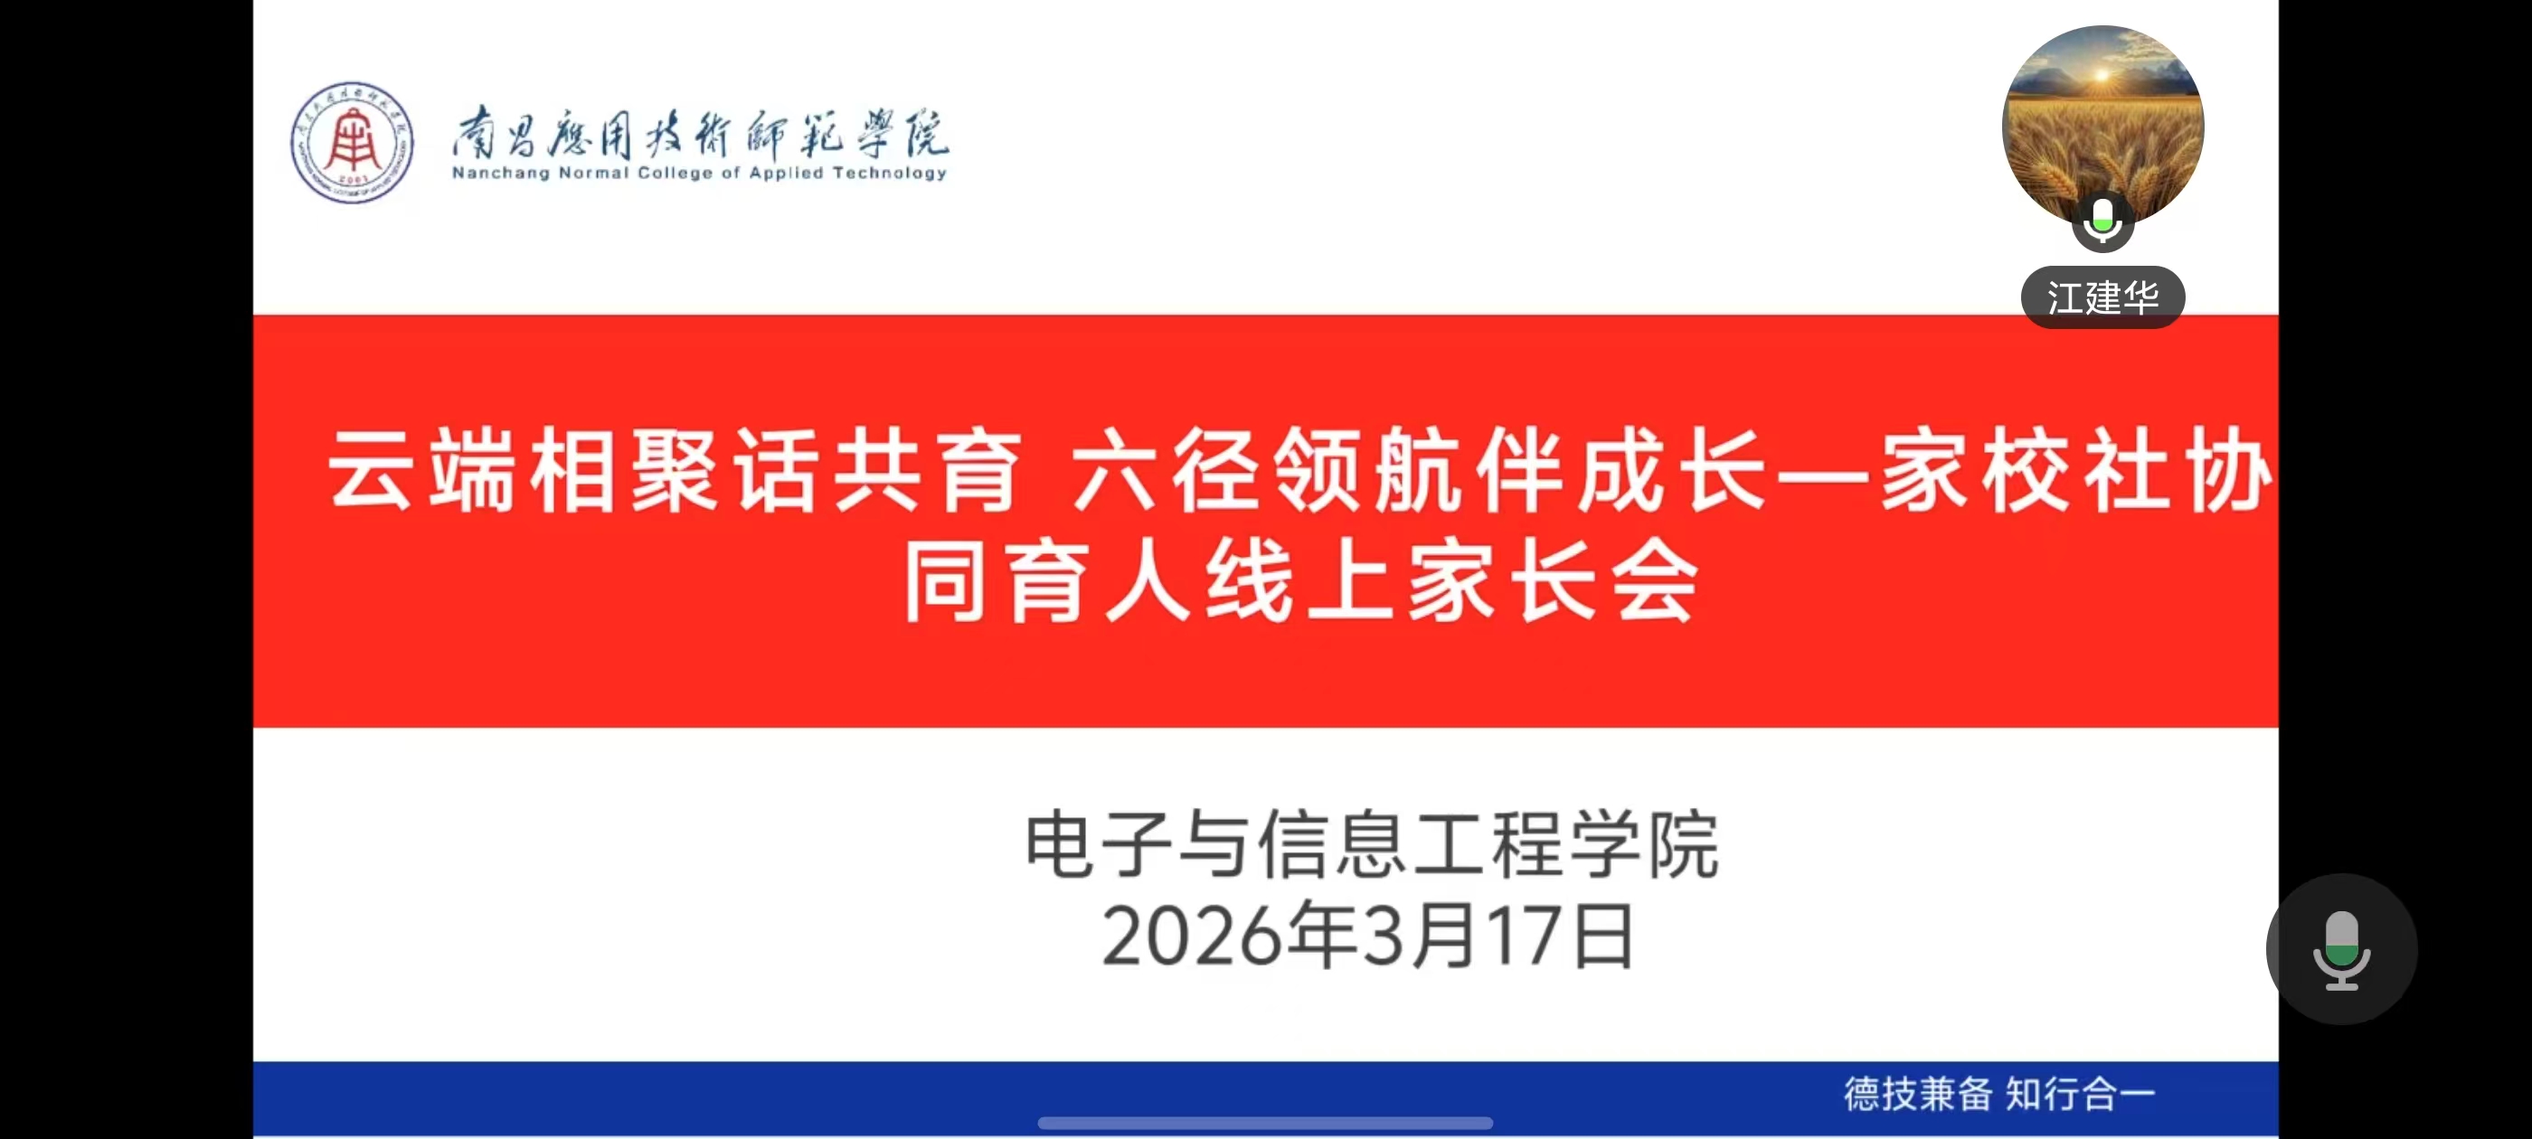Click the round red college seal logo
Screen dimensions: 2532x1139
pyautogui.click(x=352, y=143)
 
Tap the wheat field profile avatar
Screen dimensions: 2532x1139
pyautogui.click(x=2102, y=127)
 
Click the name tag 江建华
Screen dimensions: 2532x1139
pyautogui.click(x=2102, y=297)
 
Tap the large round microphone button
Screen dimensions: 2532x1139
pyautogui.click(x=2341, y=948)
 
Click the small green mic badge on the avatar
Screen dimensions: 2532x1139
pyautogui.click(x=2102, y=221)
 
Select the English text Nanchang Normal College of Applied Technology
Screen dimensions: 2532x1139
pyautogui.click(x=699, y=173)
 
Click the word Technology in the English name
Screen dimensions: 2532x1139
pyautogui.click(x=890, y=173)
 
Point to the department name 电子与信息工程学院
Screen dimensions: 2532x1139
pyautogui.click(x=1371, y=844)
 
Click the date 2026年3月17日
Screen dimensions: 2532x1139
pyautogui.click(x=1367, y=936)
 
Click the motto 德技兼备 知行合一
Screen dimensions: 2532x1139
pyautogui.click(x=1999, y=1094)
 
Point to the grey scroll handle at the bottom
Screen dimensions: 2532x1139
pyautogui.click(x=1265, y=1123)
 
